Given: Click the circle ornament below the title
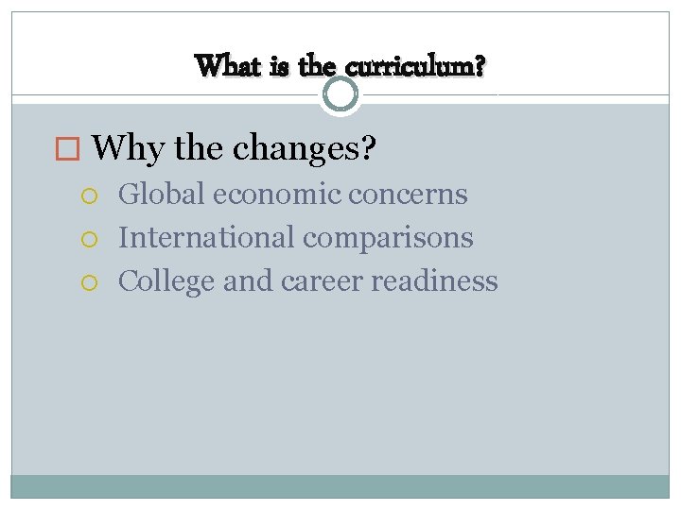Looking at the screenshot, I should point(340,94).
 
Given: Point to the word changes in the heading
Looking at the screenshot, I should point(304,147).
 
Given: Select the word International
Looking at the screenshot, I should point(206,237).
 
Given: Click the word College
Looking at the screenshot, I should point(166,281).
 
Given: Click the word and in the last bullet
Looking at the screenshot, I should point(247,280).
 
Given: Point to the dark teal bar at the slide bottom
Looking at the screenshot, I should point(340,485).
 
